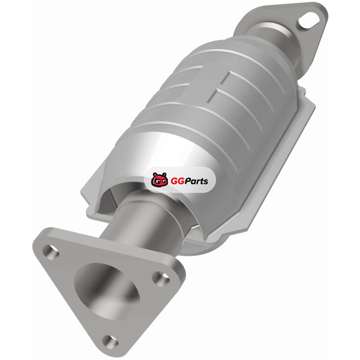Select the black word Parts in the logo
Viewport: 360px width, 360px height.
click(x=197, y=181)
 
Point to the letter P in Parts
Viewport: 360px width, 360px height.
click(x=188, y=181)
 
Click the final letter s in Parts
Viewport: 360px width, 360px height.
click(x=206, y=182)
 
